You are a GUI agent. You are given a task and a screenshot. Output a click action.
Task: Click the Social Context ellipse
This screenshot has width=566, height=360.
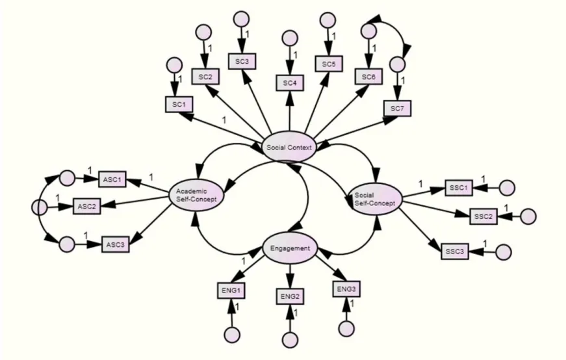[x=289, y=147]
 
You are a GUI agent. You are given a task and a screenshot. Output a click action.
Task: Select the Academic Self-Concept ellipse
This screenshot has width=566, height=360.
[x=196, y=195]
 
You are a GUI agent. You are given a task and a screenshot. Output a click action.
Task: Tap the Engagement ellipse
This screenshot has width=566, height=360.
[x=290, y=248]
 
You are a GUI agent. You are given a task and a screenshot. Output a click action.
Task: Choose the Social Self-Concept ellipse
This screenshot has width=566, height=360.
[x=375, y=199]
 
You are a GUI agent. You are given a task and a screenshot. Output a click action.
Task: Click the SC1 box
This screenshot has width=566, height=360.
[x=179, y=105]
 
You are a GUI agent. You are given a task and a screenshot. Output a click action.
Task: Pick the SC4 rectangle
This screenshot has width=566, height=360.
[x=290, y=83]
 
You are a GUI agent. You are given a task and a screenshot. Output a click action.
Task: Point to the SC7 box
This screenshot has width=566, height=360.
[x=397, y=109]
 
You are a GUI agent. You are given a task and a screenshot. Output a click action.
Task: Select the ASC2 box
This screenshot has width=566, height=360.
[x=87, y=206]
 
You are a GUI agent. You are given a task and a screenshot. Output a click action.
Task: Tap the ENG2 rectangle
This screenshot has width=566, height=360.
[x=290, y=296]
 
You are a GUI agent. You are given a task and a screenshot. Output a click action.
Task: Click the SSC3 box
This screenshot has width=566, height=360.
[x=455, y=251]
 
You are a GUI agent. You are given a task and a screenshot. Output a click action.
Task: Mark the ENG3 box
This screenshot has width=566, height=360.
[x=346, y=289]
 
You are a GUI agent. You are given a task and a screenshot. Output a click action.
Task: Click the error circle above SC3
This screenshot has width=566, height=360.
[x=242, y=19]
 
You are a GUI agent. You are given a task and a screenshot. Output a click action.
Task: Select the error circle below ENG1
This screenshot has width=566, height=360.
[x=232, y=335]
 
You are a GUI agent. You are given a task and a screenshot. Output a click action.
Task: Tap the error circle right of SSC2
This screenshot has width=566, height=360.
[x=528, y=216]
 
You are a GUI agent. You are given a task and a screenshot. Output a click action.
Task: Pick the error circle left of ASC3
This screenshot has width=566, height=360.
[x=67, y=244]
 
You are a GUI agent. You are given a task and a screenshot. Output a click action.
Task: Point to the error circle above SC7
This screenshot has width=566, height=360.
[x=398, y=64]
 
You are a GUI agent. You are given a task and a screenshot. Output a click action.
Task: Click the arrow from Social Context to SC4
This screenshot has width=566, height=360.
[x=289, y=111]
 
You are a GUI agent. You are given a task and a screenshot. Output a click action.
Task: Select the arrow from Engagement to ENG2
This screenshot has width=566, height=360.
[x=290, y=276]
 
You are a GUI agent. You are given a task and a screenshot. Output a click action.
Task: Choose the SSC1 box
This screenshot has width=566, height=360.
[x=459, y=188]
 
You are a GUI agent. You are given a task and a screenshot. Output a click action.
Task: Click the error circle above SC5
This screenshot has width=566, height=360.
[x=328, y=20]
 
